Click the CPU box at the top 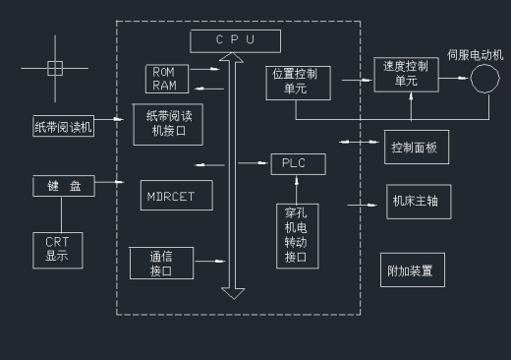[235, 40]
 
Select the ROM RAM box [164, 78]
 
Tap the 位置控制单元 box [299, 82]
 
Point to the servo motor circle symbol [483, 78]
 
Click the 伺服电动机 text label [476, 53]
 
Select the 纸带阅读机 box [63, 126]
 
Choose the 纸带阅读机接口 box [168, 123]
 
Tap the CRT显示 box [57, 250]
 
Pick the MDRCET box [170, 195]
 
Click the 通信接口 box [161, 263]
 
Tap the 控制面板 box [414, 149]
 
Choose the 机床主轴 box [414, 201]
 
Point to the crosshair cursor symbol [55, 68]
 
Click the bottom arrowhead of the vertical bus [233, 291]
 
